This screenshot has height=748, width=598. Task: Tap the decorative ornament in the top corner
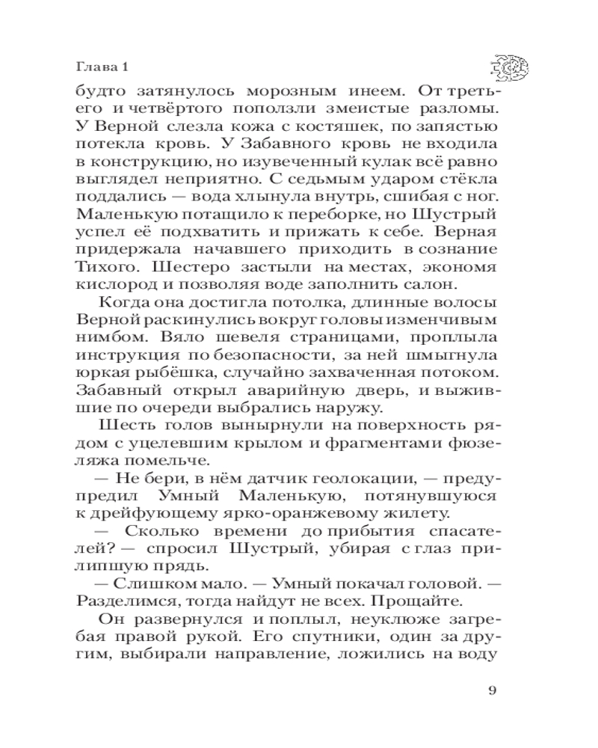(510, 68)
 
